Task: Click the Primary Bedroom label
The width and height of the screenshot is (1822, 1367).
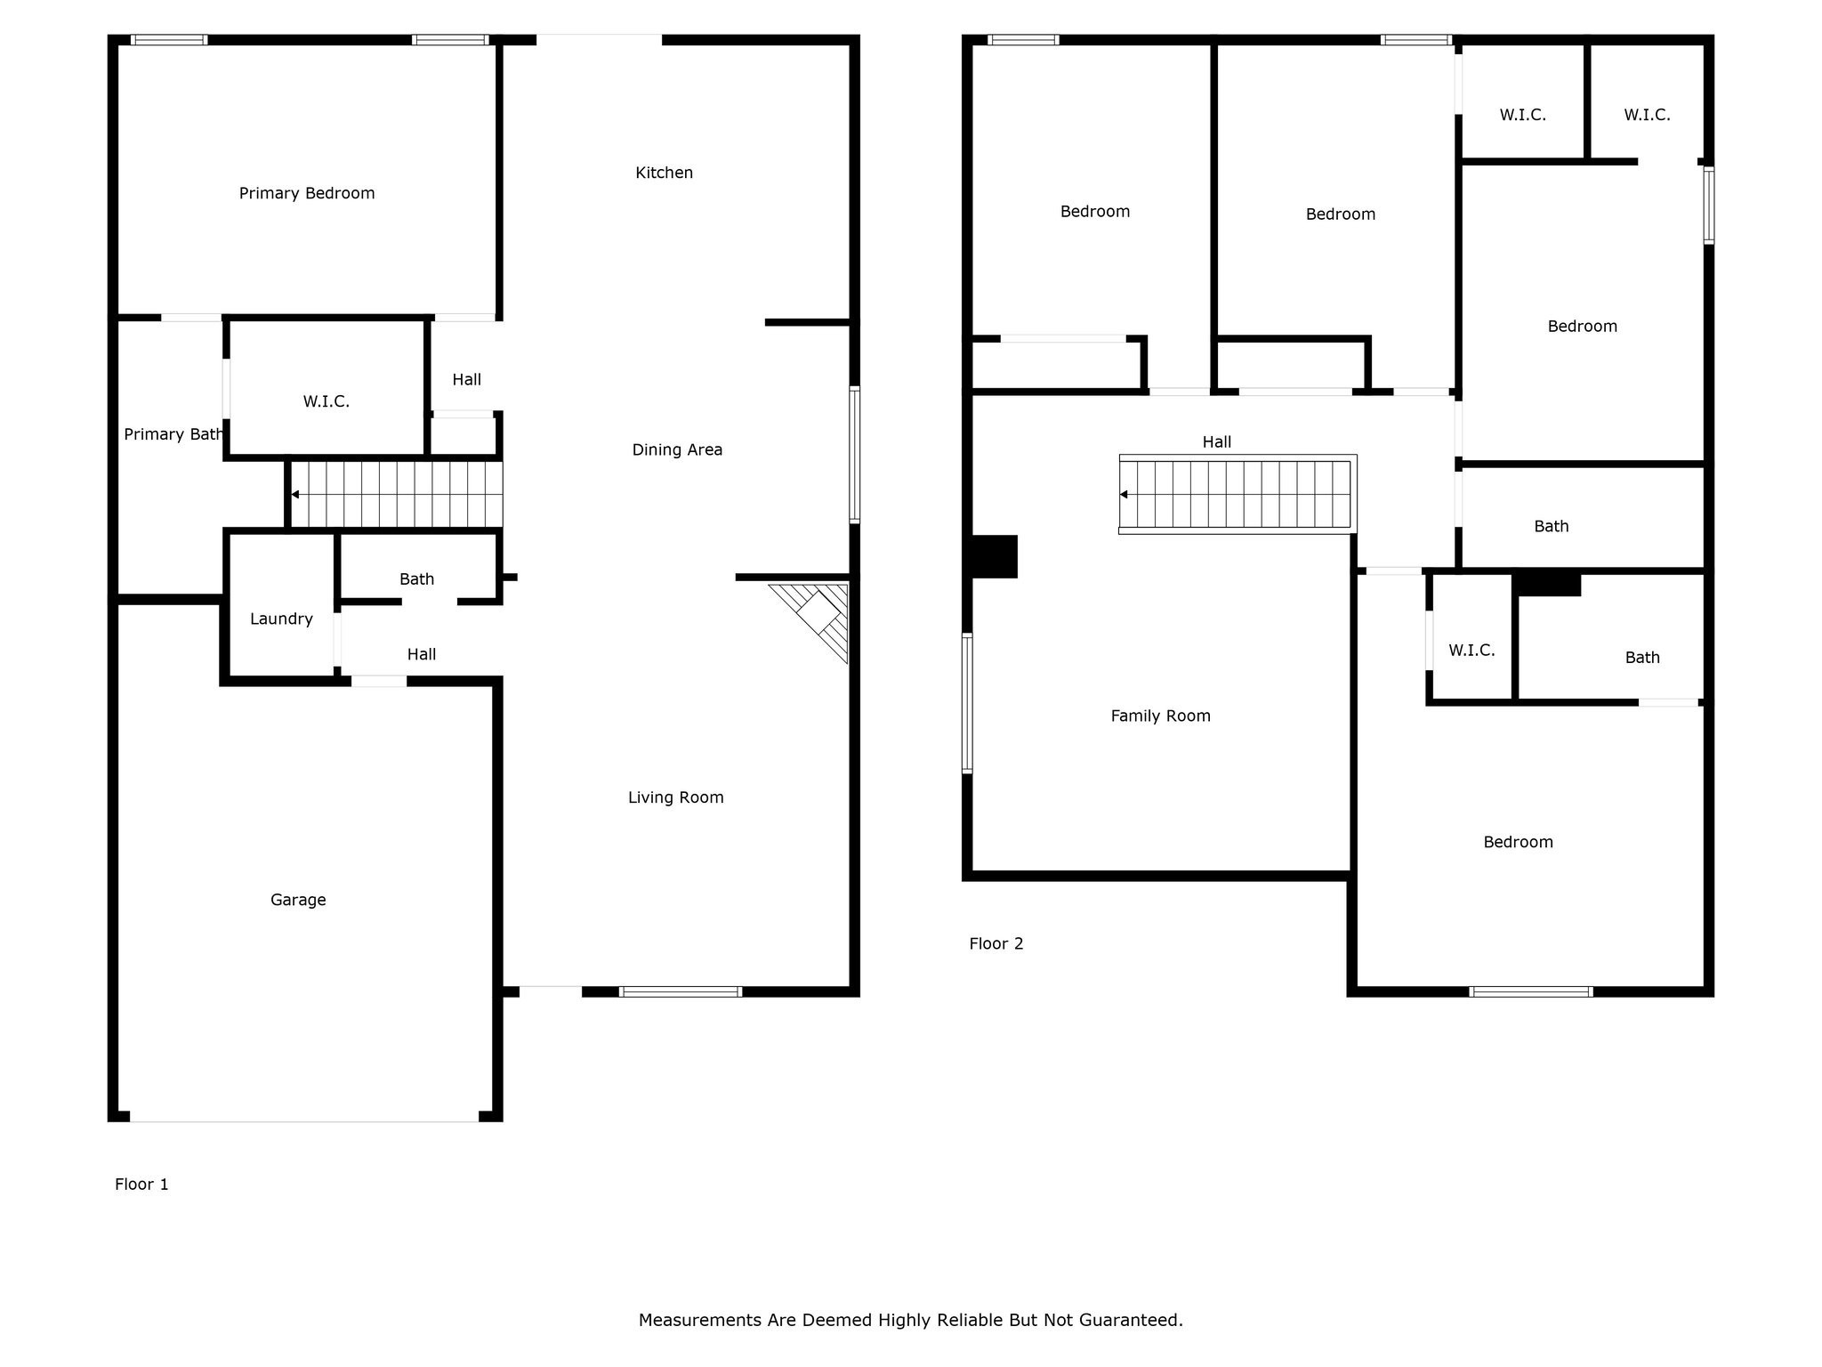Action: pyautogui.click(x=307, y=193)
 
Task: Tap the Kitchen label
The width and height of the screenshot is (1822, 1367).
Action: pyautogui.click(x=664, y=173)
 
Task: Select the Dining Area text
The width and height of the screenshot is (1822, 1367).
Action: pyautogui.click(x=677, y=449)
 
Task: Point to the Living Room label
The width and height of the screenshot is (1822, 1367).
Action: pyautogui.click(x=675, y=797)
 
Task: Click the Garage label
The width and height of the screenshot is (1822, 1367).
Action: pyautogui.click(x=298, y=900)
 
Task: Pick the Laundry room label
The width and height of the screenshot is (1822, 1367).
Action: pyautogui.click(x=281, y=619)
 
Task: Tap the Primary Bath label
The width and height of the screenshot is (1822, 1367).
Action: pyautogui.click(x=173, y=434)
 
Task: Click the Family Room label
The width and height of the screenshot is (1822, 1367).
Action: pyautogui.click(x=1160, y=716)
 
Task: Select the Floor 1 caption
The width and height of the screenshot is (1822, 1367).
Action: pyautogui.click(x=141, y=1184)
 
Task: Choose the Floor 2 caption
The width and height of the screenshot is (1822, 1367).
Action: pyautogui.click(x=996, y=943)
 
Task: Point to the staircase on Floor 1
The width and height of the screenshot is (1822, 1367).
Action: pyautogui.click(x=397, y=495)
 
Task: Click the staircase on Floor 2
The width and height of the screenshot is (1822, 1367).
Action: pyautogui.click(x=1238, y=495)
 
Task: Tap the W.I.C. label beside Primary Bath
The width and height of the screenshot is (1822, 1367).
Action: pyautogui.click(x=326, y=401)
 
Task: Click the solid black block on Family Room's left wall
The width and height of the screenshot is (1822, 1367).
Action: pyautogui.click(x=995, y=556)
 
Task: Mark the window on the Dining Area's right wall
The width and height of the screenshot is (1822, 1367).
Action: pyautogui.click(x=855, y=455)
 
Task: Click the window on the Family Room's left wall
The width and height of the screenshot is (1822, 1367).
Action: pyautogui.click(x=967, y=703)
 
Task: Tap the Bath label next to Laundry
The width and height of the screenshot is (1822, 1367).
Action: pyautogui.click(x=416, y=579)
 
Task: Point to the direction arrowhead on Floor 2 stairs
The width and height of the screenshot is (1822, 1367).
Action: pyautogui.click(x=1124, y=495)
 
